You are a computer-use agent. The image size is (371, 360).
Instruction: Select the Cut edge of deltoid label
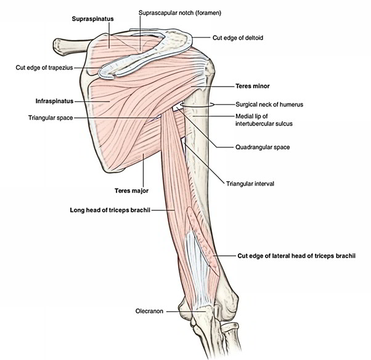238,38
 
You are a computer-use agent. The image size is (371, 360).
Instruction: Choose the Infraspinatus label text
54,99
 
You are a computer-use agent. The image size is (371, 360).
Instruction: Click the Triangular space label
51,118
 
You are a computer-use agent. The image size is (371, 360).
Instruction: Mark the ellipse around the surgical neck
198,105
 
